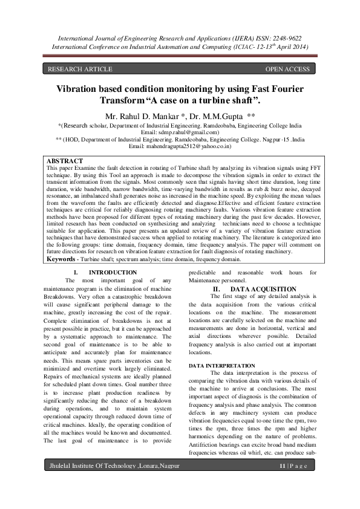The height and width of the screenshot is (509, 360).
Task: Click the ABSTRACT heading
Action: click(65, 161)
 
